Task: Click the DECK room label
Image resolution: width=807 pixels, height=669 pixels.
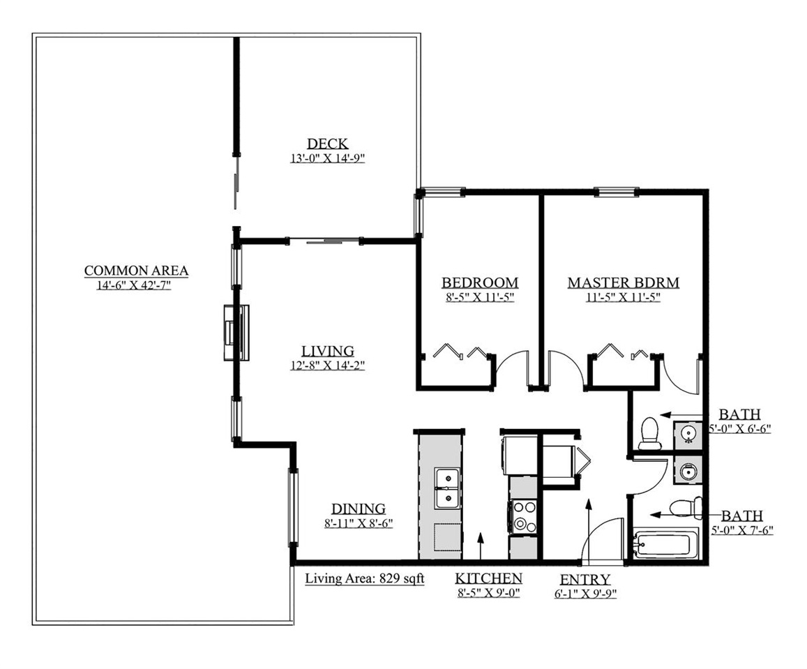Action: coord(327,143)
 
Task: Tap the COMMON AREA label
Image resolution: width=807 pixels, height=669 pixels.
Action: coord(136,270)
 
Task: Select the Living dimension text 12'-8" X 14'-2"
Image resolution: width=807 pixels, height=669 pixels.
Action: coord(327,366)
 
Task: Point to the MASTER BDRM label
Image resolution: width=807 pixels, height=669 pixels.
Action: coord(624,283)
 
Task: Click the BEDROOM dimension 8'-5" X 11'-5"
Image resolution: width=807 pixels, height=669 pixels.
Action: coord(480,297)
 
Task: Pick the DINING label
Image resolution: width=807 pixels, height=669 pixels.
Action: coord(359,509)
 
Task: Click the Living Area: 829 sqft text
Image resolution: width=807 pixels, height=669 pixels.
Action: coord(364,578)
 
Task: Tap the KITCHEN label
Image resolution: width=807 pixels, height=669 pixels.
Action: coord(488,578)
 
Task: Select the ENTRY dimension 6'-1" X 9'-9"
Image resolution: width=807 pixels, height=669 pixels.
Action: coord(585,594)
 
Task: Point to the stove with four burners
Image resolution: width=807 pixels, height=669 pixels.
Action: coord(522,517)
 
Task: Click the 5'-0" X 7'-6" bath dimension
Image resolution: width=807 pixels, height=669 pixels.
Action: coord(741,530)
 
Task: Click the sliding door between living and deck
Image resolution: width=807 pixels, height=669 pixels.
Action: coord(324,241)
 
